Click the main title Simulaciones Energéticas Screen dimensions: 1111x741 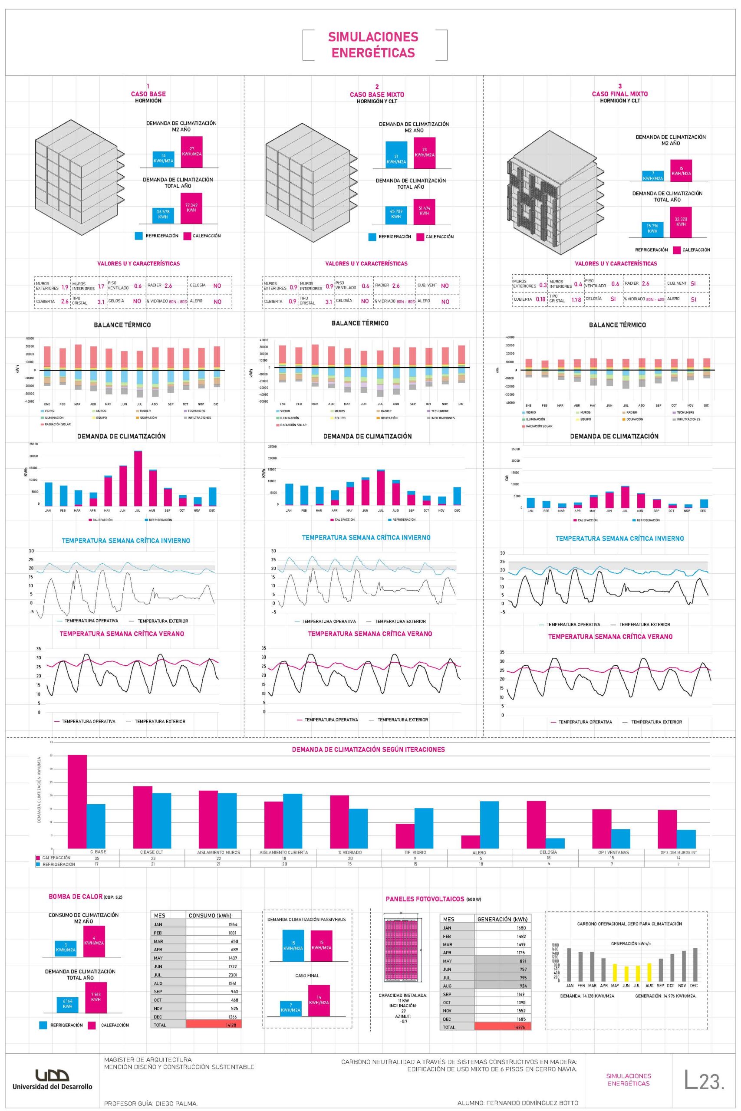tap(373, 45)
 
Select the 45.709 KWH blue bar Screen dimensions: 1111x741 tap(395, 214)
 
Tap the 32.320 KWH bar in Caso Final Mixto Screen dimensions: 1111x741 tap(681, 222)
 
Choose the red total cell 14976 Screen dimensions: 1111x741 tap(502, 1027)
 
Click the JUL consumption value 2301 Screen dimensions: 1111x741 tap(214, 974)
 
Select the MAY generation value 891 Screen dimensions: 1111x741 tap(502, 960)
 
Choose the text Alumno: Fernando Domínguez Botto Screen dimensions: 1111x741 tap(517, 1102)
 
